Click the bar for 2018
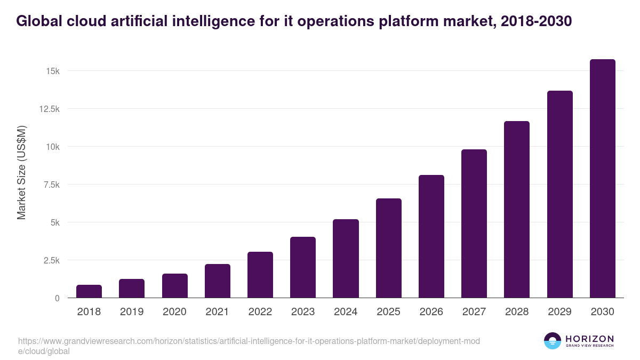pyautogui.click(x=89, y=291)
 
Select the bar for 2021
pyautogui.click(x=218, y=281)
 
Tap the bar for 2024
pyautogui.click(x=346, y=259)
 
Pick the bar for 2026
pyautogui.click(x=431, y=236)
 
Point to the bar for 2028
pyautogui.click(x=517, y=210)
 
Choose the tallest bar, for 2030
pyautogui.click(x=602, y=179)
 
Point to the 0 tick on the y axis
pyautogui.click(x=56, y=298)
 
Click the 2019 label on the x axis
pyautogui.click(x=132, y=312)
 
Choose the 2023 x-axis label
pyautogui.click(x=303, y=312)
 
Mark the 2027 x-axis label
pyautogui.click(x=474, y=312)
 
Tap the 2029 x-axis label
pyautogui.click(x=559, y=312)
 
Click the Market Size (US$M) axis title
pyautogui.click(x=21, y=172)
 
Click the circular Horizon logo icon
pyautogui.click(x=553, y=341)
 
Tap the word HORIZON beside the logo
pyautogui.click(x=589, y=338)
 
